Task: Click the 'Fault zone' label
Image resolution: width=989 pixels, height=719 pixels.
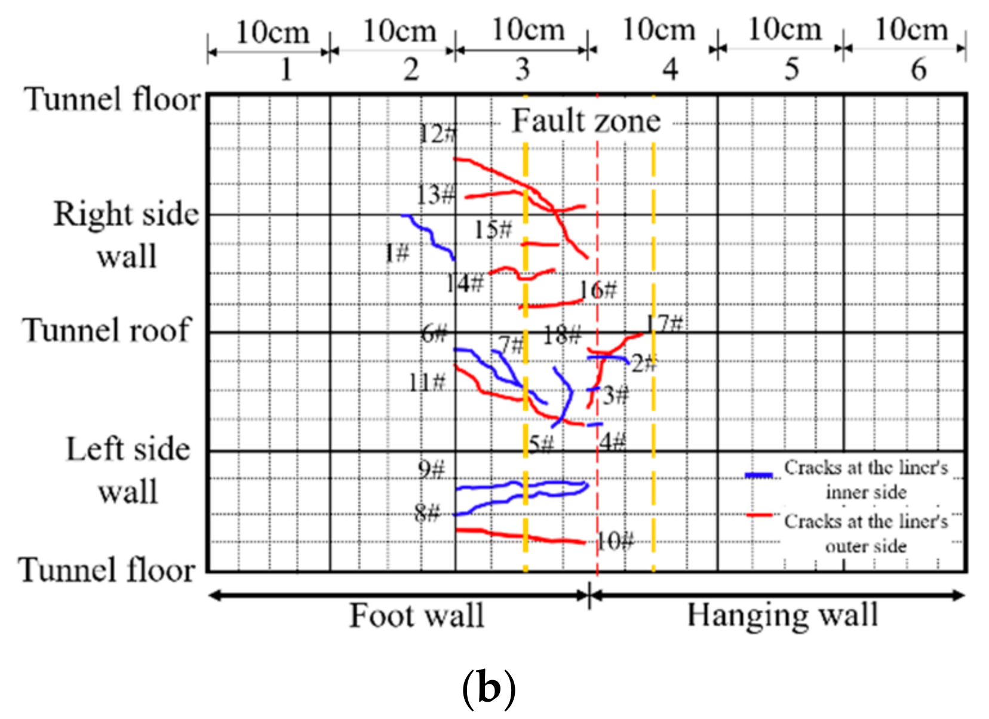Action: [x=586, y=121]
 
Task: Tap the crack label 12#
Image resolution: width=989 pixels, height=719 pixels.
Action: [x=437, y=134]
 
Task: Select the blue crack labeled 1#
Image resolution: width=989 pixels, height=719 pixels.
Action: [x=429, y=237]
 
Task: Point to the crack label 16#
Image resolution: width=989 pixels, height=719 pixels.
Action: [x=598, y=290]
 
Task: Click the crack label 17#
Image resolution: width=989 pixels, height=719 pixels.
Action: [x=665, y=324]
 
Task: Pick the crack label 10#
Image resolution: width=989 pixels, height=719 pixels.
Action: [x=615, y=542]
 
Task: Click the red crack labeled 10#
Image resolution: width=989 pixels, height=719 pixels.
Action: [x=520, y=536]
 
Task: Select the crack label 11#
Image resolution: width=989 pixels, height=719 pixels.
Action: [x=427, y=382]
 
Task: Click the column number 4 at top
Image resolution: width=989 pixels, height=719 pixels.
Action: [x=670, y=70]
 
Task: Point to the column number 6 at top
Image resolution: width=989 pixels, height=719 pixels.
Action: [x=919, y=70]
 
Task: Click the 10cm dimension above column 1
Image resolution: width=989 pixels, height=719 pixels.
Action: [x=272, y=32]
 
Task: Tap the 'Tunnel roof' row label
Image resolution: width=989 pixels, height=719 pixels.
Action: [x=106, y=330]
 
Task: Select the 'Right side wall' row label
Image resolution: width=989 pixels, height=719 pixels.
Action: [x=126, y=235]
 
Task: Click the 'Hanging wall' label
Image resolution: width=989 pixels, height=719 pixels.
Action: [x=782, y=615]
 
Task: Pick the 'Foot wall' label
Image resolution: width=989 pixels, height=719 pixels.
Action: [x=416, y=616]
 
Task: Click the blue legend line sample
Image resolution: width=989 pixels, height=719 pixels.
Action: [x=759, y=476]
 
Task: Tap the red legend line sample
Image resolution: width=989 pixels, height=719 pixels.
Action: [x=759, y=515]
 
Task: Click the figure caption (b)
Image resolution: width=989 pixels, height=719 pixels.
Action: [x=489, y=689]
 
